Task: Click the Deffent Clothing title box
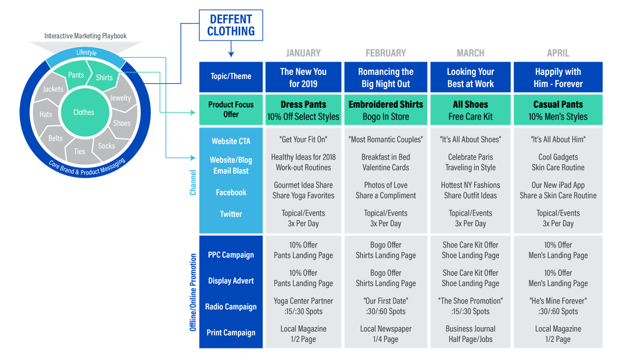point(231,25)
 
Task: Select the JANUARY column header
point(303,53)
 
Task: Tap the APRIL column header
point(557,53)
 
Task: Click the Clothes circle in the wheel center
point(84,112)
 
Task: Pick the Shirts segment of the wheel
point(104,77)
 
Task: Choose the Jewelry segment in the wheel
point(120,98)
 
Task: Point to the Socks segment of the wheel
point(107,146)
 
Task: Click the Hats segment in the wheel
point(46,114)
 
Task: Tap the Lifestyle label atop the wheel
point(86,53)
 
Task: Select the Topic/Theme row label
point(231,76)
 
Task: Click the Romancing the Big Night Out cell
point(386,78)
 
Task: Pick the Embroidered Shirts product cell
point(386,110)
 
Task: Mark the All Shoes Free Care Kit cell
point(470,110)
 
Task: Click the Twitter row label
point(231,214)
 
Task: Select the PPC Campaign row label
point(231,255)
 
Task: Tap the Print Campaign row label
point(231,333)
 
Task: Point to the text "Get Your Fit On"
point(303,140)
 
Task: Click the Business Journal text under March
point(470,329)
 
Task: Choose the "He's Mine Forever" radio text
point(558,301)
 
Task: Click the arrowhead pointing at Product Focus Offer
point(193,113)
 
